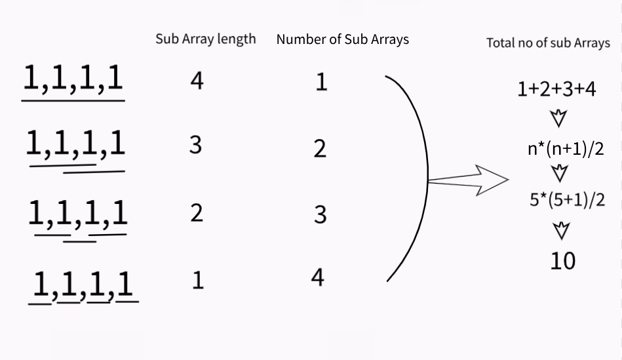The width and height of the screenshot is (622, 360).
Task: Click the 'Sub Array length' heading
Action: coord(206,39)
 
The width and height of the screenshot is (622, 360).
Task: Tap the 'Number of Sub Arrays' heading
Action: coord(342,39)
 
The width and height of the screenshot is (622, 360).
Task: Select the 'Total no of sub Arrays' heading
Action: coord(548,43)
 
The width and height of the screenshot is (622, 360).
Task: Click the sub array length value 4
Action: coord(197,81)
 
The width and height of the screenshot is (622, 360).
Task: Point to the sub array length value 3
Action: coord(195,145)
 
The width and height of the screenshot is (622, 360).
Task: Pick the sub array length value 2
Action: coord(197,213)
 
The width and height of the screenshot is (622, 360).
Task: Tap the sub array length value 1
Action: coord(198,281)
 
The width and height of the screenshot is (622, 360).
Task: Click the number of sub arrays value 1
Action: coord(321,83)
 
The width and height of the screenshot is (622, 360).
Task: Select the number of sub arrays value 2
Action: coord(320,150)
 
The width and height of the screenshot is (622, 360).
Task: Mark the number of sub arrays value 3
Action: coord(320,214)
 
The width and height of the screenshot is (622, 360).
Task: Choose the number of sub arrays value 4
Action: coord(317,277)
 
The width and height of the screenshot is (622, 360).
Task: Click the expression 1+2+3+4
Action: coord(556,89)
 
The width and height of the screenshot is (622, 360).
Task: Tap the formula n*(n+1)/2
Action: coord(566,149)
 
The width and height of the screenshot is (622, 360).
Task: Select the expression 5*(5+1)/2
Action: coord(567,199)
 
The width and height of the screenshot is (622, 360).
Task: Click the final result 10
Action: coord(563,261)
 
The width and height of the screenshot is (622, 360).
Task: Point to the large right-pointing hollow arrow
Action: coord(468,180)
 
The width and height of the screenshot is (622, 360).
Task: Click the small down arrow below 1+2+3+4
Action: coord(558,118)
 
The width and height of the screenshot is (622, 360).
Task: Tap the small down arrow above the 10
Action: coord(561,231)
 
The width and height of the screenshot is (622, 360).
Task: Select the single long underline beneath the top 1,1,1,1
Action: coord(73,101)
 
